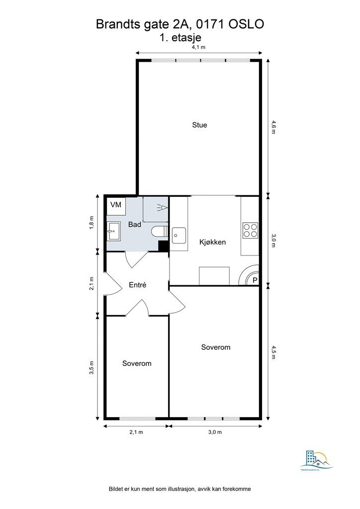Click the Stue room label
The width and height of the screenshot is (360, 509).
[199, 125]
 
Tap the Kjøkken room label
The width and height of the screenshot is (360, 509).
[212, 243]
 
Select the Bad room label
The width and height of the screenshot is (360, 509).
[135, 225]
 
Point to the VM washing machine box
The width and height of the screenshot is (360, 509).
[115, 205]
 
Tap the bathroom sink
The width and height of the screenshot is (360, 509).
[113, 229]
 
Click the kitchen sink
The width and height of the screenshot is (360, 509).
[179, 235]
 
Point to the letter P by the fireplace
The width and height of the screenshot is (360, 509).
[255, 280]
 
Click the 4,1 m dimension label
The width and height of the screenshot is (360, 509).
[199, 47]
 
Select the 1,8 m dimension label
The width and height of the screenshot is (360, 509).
[91, 222]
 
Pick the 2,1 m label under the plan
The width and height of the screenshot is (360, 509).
[136, 432]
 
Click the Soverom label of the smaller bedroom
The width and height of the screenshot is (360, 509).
[137, 364]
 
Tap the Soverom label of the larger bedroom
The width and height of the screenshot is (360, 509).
[215, 347]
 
